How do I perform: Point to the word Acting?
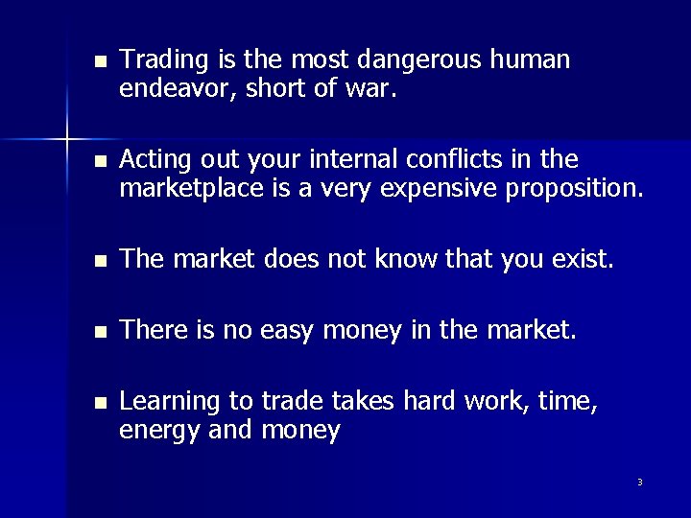(x=154, y=157)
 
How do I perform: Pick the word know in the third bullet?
(x=416, y=258)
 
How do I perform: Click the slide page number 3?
(x=639, y=482)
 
